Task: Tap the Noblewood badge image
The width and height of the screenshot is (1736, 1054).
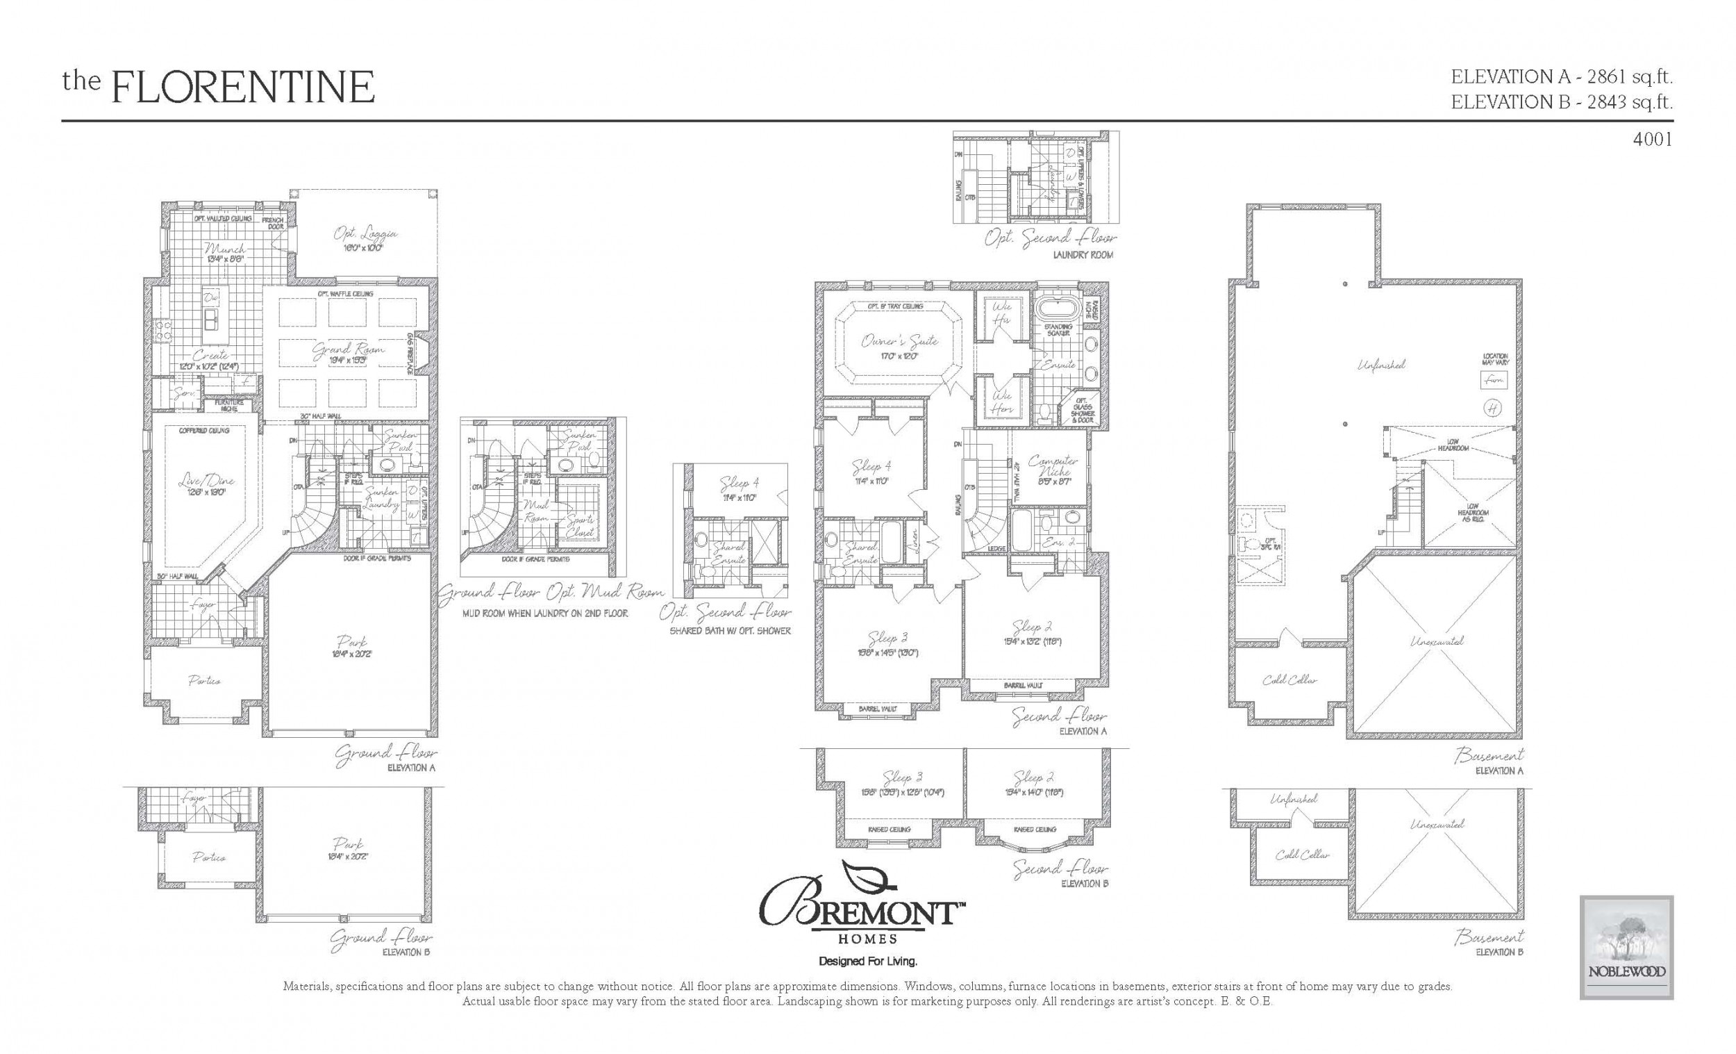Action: coord(1626,957)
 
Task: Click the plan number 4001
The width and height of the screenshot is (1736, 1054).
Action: coord(1651,140)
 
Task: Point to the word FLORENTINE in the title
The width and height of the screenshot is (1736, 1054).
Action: coord(243,88)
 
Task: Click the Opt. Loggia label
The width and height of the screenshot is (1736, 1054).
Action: coord(365,234)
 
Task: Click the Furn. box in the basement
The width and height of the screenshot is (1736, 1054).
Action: coord(1493,380)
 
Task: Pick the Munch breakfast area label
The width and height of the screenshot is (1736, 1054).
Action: coord(225,249)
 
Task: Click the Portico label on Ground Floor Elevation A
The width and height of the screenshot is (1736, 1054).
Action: coord(204,681)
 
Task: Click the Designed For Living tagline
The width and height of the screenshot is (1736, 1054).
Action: coord(867,962)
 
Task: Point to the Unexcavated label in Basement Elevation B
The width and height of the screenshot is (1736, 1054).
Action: coord(1437,823)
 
